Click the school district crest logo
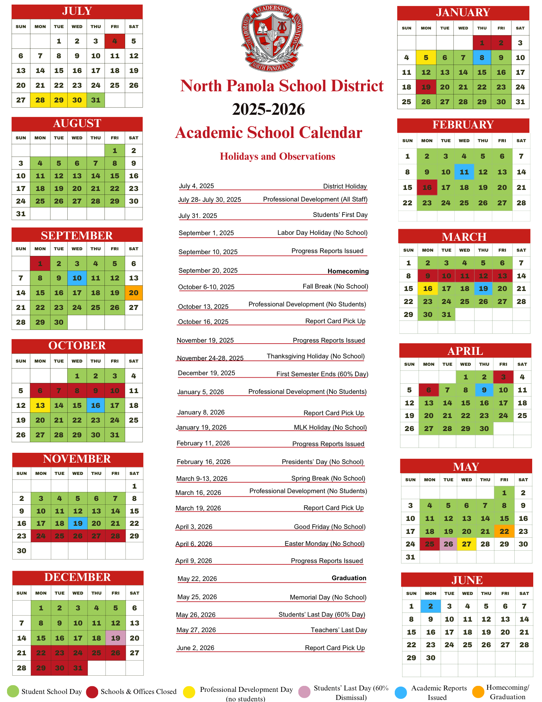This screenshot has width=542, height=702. click(272, 38)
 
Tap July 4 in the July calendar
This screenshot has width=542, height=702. click(115, 41)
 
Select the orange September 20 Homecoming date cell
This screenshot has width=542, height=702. click(134, 293)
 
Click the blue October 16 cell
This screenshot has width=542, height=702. click(96, 405)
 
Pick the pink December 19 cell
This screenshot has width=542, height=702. click(115, 638)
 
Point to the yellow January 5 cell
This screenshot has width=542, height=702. click(426, 58)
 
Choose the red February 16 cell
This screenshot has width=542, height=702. click(427, 187)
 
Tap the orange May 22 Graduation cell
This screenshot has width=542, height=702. click(504, 531)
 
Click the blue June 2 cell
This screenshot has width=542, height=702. click(431, 606)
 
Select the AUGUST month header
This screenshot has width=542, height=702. click(77, 124)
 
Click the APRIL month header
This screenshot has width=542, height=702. click(465, 351)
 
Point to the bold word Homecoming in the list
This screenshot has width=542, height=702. click(348, 271)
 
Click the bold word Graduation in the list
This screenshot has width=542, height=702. click(349, 578)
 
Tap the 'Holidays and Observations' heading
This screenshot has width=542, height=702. click(277, 157)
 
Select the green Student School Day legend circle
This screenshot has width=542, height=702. click(13, 691)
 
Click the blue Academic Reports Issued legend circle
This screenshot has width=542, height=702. click(401, 692)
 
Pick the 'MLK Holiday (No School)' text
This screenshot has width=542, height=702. click(330, 428)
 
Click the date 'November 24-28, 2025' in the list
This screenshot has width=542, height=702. click(210, 358)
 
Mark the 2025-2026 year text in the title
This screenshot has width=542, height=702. click(269, 109)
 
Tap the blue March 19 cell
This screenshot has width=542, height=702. click(483, 289)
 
